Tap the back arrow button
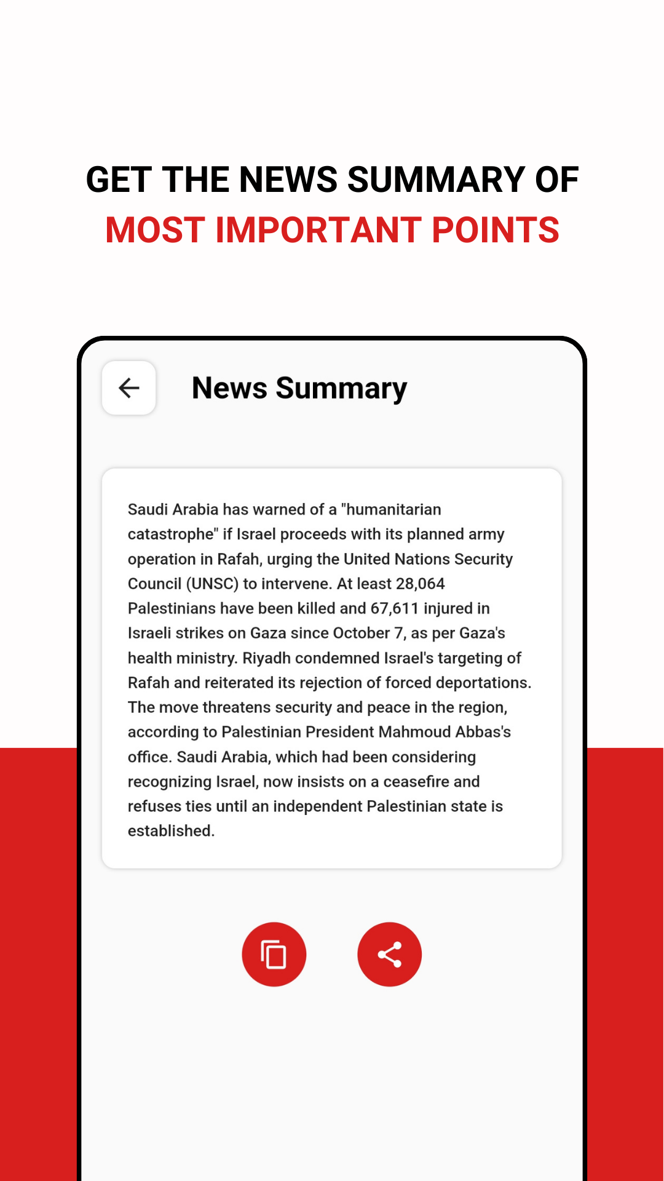129,388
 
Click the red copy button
274,955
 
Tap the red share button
390,955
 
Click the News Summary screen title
299,389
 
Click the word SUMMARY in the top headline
435,180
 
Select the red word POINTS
496,230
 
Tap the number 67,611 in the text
395,608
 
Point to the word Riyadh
267,658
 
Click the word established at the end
170,831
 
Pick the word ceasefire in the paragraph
417,782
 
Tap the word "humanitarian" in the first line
391,510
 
